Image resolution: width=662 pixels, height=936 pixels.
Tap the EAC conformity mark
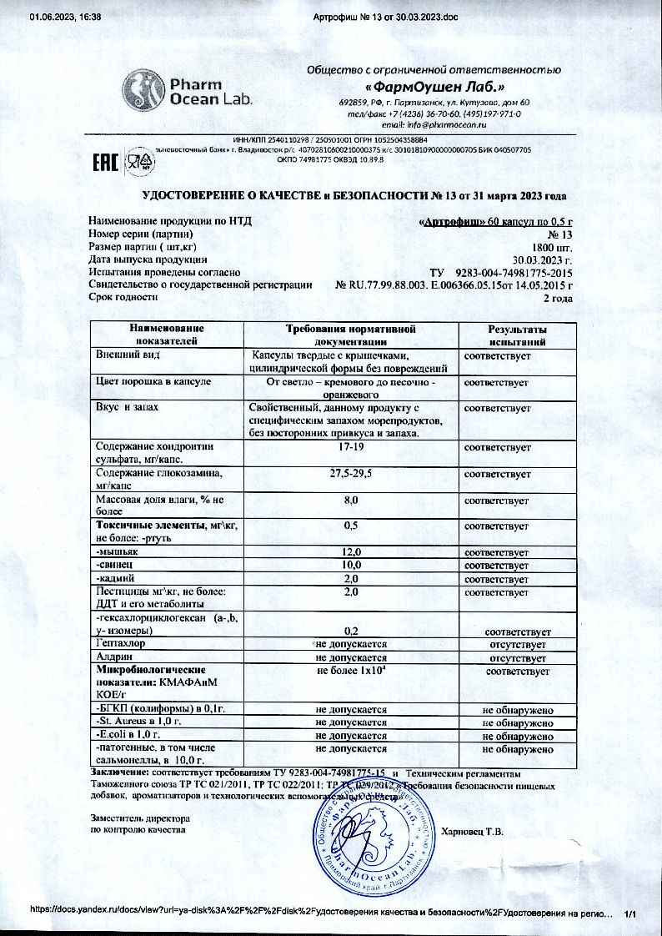click(x=104, y=159)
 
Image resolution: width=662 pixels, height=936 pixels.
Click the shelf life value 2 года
click(x=558, y=297)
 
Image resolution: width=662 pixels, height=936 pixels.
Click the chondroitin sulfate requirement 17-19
click(x=350, y=447)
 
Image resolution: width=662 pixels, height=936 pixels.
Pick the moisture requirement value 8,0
click(x=350, y=500)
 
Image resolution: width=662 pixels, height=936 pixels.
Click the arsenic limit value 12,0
click(x=350, y=552)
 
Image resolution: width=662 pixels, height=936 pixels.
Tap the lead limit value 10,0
click(x=350, y=566)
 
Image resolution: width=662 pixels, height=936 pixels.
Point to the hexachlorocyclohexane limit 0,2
click(x=350, y=632)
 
